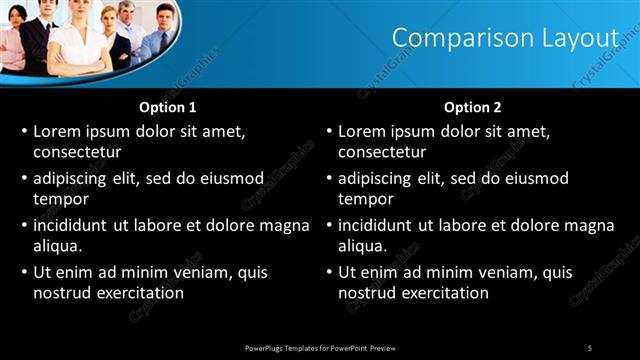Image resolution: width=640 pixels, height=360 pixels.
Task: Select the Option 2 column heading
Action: [472, 107]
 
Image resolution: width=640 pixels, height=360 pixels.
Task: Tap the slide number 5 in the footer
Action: [590, 347]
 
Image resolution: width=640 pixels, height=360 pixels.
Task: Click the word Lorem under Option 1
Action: [57, 131]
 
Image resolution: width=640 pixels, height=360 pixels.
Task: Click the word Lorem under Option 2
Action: [362, 131]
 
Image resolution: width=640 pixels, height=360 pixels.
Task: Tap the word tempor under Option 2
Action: [366, 199]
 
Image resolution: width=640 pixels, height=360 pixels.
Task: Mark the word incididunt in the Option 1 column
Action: [76, 225]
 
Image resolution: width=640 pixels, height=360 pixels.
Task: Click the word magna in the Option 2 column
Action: [588, 225]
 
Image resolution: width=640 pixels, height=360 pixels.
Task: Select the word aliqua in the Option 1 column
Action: [57, 246]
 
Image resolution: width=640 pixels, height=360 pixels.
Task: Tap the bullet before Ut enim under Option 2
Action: [329, 272]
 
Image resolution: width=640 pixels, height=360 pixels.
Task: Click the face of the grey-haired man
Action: [127, 12]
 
